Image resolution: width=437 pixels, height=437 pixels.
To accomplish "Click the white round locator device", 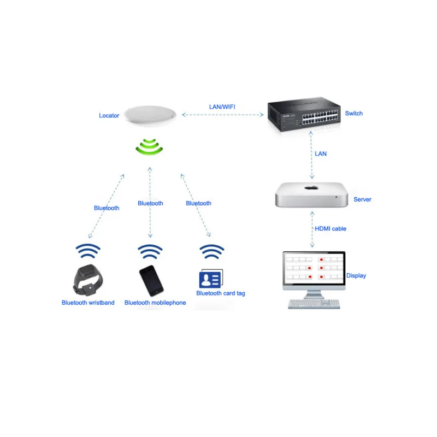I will [150, 115].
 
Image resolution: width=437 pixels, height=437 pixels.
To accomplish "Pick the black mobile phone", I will [151, 281].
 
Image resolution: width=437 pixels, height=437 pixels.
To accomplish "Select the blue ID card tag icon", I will [210, 279].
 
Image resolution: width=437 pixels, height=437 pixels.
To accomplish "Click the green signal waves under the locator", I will [150, 147].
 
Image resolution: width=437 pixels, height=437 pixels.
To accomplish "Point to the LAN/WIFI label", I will [222, 107].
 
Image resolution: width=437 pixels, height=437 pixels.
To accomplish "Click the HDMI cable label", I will [330, 228].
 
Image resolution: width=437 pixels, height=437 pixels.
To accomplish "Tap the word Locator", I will [109, 115].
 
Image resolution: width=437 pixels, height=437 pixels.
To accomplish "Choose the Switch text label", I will [353, 113].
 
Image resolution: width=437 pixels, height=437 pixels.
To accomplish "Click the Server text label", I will [362, 199].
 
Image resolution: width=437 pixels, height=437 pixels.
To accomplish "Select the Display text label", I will [356, 275].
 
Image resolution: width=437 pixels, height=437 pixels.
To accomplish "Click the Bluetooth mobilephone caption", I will [155, 303].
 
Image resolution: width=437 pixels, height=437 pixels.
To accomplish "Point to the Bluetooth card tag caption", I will [221, 293].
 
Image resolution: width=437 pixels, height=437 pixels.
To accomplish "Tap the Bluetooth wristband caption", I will [88, 303].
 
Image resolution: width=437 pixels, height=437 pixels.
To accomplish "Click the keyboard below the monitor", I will [314, 304].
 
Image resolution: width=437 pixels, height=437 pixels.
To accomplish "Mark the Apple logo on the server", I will [311, 187].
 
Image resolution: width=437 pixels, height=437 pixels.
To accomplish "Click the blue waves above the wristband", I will [88, 251].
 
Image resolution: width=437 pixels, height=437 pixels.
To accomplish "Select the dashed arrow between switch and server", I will [312, 158].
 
